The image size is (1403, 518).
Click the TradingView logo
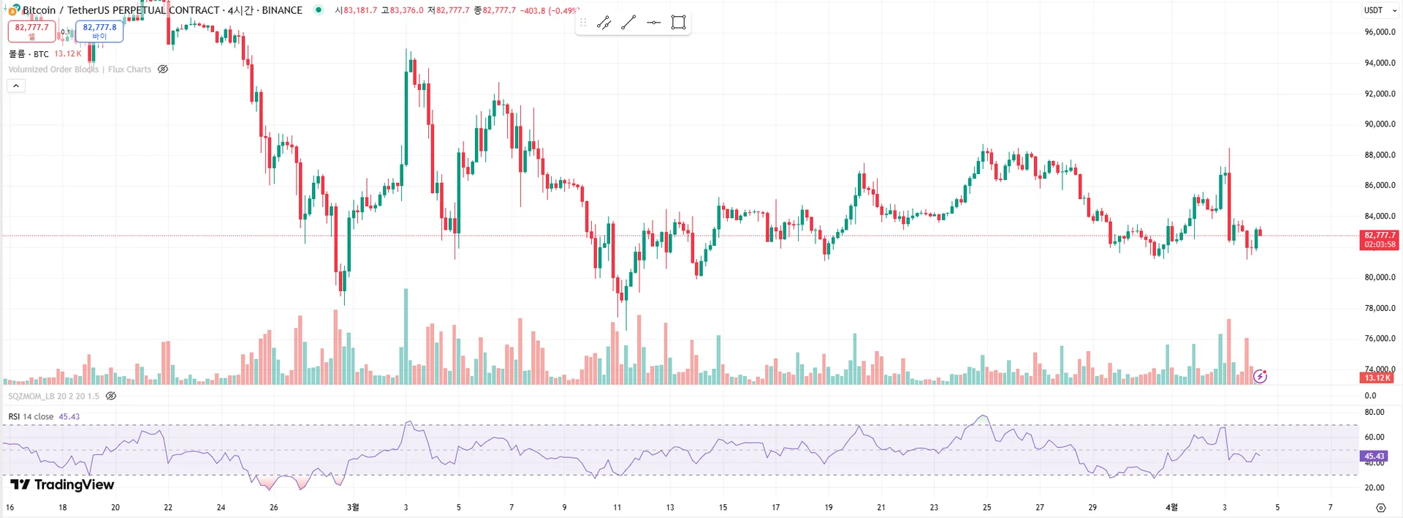62,484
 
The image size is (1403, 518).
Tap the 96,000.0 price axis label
1380,32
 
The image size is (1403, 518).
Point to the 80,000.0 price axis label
1380,277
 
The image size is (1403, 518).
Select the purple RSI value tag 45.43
1374,456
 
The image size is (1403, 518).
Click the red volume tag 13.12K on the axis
1377,378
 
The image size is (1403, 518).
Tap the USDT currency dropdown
1380,10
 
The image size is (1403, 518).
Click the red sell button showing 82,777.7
31,31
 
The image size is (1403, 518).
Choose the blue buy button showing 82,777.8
99,31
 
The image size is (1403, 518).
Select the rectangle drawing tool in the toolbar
678,23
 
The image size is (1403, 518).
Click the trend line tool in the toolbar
628,23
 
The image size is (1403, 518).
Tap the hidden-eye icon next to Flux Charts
163,70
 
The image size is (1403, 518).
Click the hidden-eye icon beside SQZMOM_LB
111,396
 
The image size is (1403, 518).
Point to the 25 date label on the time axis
986,507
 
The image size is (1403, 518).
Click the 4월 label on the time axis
1171,507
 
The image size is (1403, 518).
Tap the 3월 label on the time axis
353,507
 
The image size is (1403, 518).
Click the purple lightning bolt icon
1260,376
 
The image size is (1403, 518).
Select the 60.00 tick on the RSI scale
1374,437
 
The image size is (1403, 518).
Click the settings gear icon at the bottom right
1380,507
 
